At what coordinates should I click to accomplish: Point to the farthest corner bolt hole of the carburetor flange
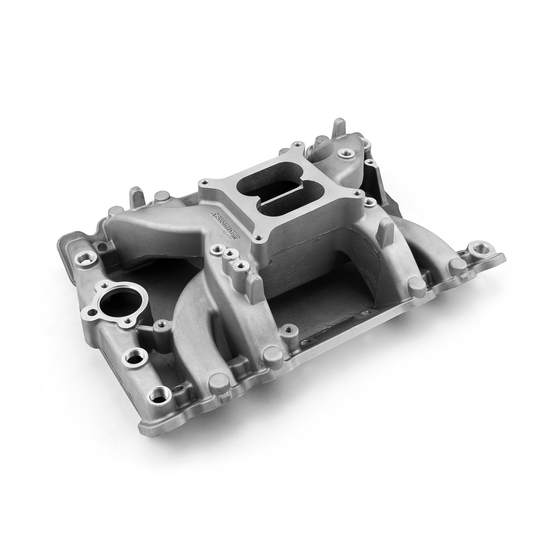[298, 144]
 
